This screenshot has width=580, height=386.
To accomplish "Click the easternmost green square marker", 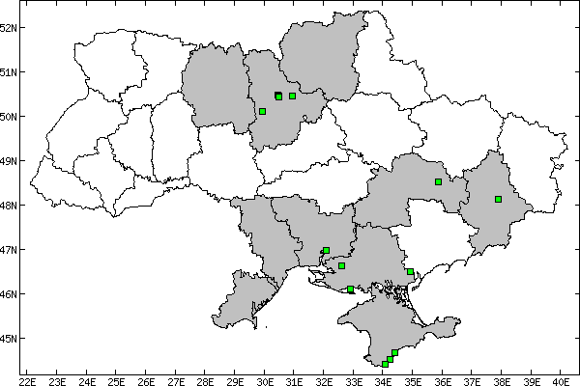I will pyautogui.click(x=498, y=200).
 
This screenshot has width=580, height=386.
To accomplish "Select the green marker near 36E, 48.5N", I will pyautogui.click(x=438, y=181).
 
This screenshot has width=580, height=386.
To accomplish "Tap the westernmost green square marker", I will pyautogui.click(x=262, y=112).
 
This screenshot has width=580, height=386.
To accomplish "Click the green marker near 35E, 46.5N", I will pyautogui.click(x=410, y=272).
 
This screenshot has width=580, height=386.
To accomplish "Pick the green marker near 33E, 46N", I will pyautogui.click(x=350, y=289).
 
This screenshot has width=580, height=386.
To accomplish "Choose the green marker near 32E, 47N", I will pyautogui.click(x=326, y=251).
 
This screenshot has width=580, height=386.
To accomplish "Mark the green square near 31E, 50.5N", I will pyautogui.click(x=292, y=96).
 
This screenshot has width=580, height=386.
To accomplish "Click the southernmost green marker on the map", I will pyautogui.click(x=385, y=364).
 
